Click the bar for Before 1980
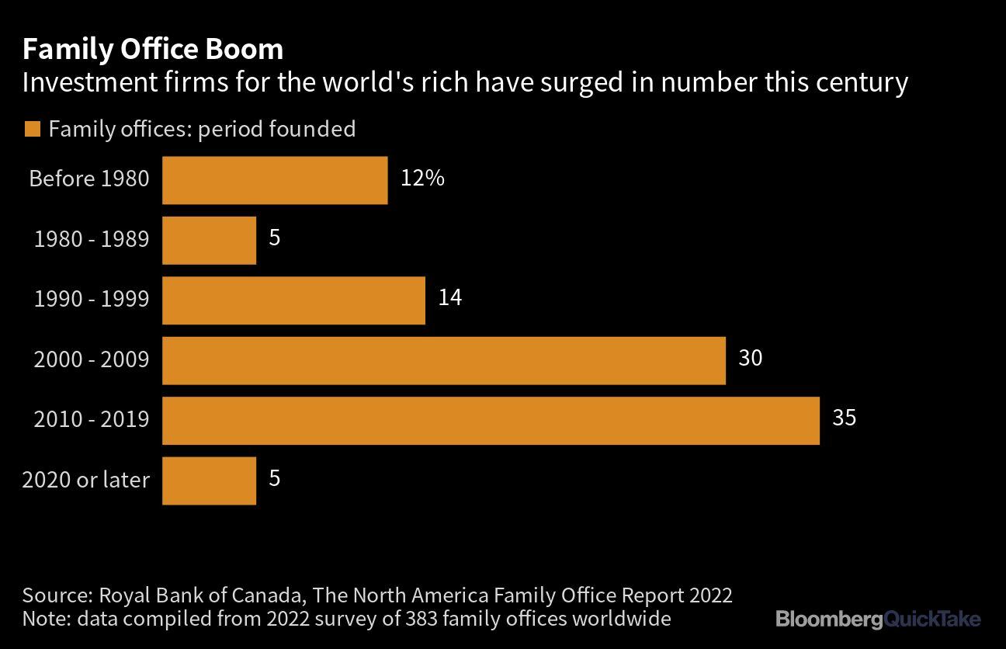[275, 180]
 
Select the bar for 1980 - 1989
[209, 240]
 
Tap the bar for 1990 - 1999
[293, 300]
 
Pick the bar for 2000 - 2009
[443, 360]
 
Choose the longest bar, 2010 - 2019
[491, 421]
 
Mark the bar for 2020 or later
[209, 481]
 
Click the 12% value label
[422, 178]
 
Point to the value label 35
[844, 418]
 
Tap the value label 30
[750, 358]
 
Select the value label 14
[449, 297]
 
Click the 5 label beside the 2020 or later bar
[274, 478]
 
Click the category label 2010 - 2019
[91, 420]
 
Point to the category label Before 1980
[88, 179]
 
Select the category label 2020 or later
[85, 481]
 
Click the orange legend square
[32, 129]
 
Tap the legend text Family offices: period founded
[202, 129]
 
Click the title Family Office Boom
[152, 50]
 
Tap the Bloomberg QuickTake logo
[877, 619]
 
